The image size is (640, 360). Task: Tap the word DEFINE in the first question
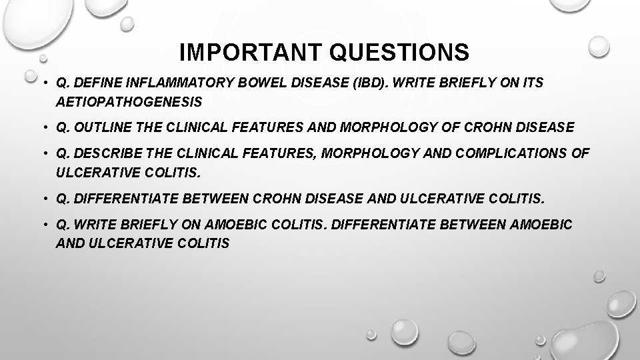coord(98,83)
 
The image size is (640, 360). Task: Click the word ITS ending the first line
coord(531,83)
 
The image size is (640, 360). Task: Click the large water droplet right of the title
coord(599,46)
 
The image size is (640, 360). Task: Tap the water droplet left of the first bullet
coord(30,75)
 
